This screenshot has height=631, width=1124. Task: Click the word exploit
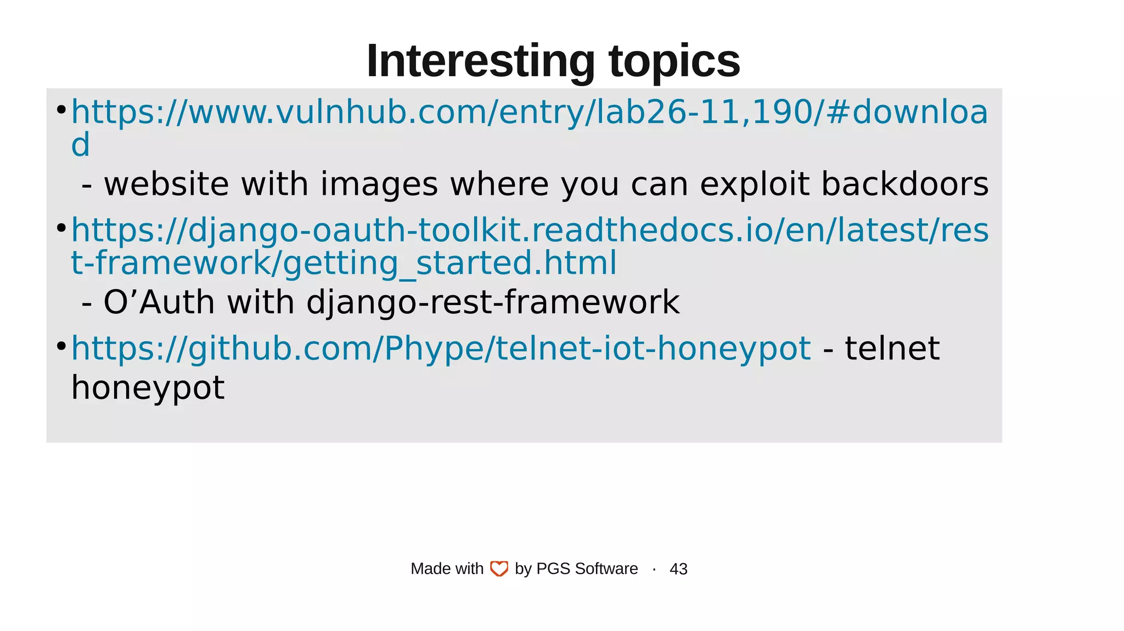[760, 184]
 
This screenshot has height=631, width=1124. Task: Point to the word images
[379, 184]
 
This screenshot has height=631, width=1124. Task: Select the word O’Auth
[159, 302]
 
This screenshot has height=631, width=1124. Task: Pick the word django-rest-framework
[492, 302]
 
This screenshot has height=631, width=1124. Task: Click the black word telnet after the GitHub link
[892, 348]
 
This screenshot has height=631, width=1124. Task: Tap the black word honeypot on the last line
[148, 388]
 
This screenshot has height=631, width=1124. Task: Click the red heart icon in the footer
[499, 569]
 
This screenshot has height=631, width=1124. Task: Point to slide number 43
[678, 569]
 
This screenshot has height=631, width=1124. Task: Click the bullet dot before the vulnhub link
[61, 110]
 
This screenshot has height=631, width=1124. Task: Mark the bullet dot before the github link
[61, 346]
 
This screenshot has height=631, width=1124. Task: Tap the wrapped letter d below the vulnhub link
[80, 145]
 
